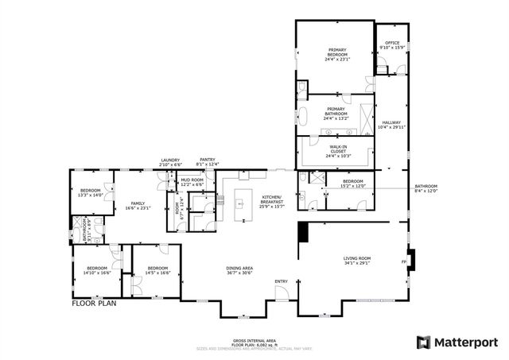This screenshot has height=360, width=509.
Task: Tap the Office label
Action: pos(391,45)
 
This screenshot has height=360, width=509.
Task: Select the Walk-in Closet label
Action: pos(336,151)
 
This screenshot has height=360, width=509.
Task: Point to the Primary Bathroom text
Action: pos(336,112)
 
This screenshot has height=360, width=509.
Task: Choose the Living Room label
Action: pos(357,260)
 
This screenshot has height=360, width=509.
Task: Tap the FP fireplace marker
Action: pos(403,261)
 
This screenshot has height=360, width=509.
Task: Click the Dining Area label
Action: pos(239,271)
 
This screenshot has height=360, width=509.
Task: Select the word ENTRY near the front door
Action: pos(282,281)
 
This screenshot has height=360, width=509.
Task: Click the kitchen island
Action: pos(241,205)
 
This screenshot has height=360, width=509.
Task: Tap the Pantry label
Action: pos(208,161)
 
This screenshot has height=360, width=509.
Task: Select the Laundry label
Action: pos(171,161)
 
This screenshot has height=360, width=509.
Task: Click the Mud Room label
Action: pos(192,182)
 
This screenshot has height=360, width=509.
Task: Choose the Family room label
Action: pos(138,206)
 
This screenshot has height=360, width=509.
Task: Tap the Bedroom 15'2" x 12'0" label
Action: pos(353,184)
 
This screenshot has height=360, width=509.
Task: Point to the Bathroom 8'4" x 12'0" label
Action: pos(425,189)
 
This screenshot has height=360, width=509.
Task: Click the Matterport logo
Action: pos(457,342)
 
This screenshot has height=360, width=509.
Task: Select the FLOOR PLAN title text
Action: pos(95,303)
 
